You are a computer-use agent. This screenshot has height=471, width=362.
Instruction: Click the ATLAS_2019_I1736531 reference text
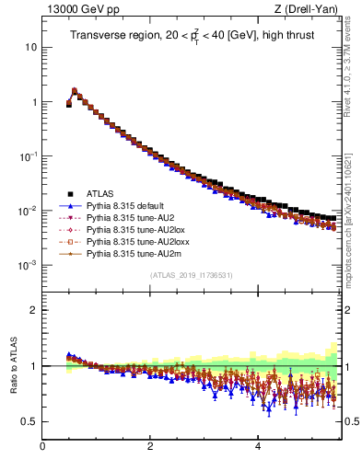click(x=191, y=274)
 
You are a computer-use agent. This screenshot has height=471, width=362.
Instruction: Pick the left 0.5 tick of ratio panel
click(x=30, y=421)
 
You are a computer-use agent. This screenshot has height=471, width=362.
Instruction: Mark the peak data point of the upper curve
click(x=75, y=91)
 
